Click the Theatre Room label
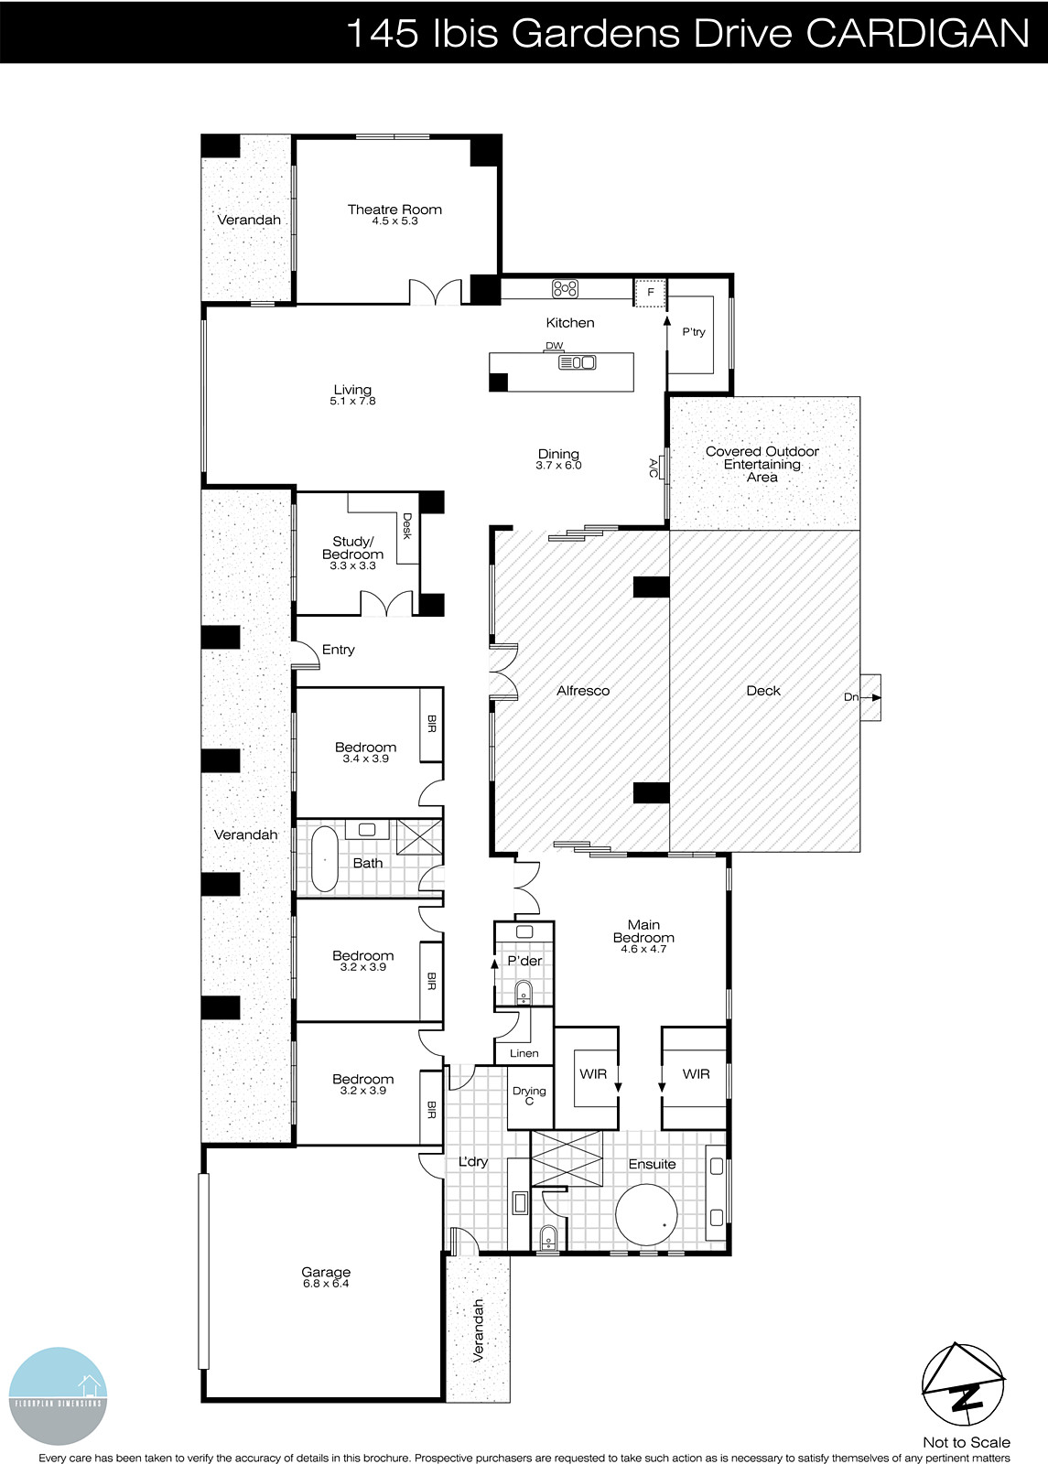[x=394, y=210]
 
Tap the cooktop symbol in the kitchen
[x=565, y=289]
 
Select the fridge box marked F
[x=651, y=293]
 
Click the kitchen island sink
[x=578, y=362]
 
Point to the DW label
[x=554, y=346]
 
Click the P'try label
[x=694, y=332]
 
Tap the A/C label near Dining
[x=654, y=468]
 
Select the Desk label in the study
[x=407, y=525]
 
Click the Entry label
[x=338, y=650]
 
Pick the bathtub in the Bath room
[x=324, y=859]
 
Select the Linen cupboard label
[x=524, y=1053]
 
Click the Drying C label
[x=529, y=1095]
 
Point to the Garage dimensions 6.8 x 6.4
[x=326, y=1284]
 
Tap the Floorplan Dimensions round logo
[x=58, y=1396]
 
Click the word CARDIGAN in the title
[x=917, y=34]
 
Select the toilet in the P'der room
[x=524, y=991]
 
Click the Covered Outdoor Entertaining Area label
[x=762, y=464]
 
